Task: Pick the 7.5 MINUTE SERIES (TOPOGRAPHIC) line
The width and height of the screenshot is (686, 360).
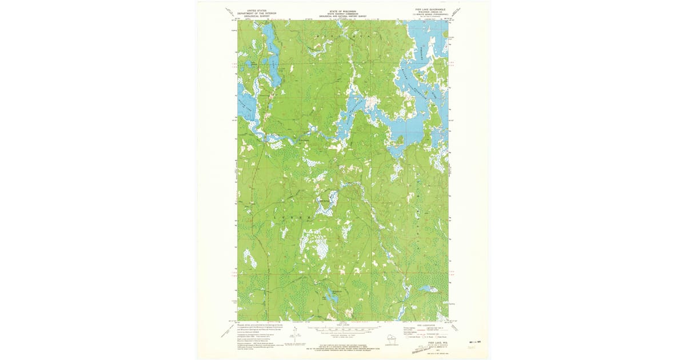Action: (x=424, y=15)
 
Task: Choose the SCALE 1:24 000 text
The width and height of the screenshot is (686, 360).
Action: (x=343, y=324)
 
